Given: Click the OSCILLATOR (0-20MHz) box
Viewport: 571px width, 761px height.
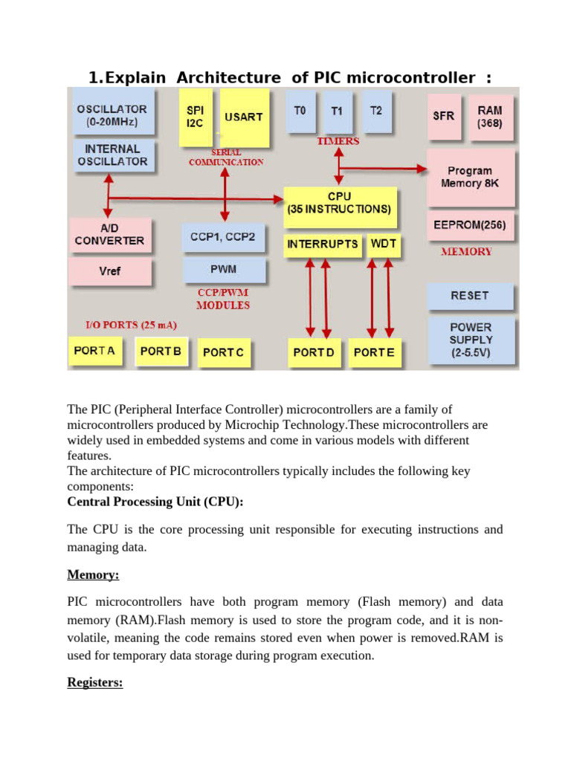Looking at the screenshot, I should click(112, 114).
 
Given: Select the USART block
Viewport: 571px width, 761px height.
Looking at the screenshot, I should click(244, 117).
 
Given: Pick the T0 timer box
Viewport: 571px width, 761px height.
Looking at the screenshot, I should click(300, 111).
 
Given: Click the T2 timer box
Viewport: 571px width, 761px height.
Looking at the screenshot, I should click(376, 111).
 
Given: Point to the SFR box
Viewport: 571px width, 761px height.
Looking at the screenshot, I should click(443, 117).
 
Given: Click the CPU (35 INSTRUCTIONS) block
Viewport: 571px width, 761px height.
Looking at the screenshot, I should click(339, 203).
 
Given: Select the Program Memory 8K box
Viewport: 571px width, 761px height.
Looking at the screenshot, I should click(470, 177).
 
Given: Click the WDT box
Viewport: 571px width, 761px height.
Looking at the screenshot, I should click(384, 244).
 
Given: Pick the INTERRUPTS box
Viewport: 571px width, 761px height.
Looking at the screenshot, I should click(323, 244).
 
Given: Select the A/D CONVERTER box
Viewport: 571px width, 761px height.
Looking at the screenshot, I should click(110, 235).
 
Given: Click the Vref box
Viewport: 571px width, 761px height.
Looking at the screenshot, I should click(110, 271).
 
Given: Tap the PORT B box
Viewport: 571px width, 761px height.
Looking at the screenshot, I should click(161, 351).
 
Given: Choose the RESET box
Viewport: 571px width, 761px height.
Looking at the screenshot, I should click(470, 295).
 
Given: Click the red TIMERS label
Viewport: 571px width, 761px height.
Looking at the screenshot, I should click(338, 140).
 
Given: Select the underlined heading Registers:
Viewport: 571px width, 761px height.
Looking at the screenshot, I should click(95, 682).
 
